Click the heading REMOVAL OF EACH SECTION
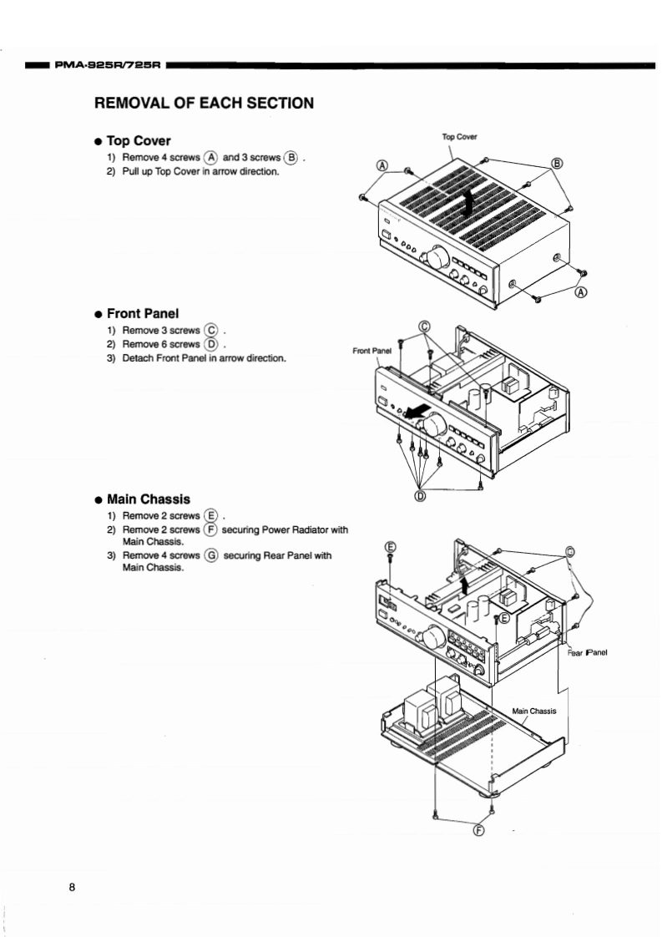pyautogui.click(x=204, y=104)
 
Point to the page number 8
pyautogui.click(x=73, y=887)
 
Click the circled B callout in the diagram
pyautogui.click(x=557, y=163)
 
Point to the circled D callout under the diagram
pyautogui.click(x=420, y=495)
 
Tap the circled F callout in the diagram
pyautogui.click(x=478, y=829)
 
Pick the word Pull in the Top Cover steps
pyautogui.click(x=132, y=171)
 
